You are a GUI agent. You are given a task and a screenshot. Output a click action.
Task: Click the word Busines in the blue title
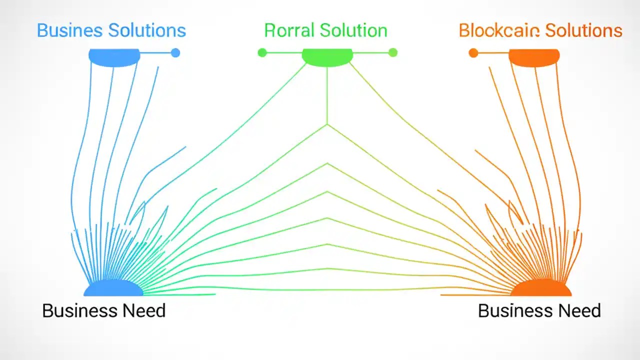(69, 30)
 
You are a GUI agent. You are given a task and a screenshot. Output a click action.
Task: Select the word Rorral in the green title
(289, 30)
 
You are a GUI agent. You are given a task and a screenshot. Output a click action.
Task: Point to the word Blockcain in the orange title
(499, 30)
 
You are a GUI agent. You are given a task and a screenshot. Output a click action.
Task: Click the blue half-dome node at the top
(114, 57)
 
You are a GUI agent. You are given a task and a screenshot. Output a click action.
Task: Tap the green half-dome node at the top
(327, 57)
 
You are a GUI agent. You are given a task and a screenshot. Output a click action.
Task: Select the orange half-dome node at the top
(533, 57)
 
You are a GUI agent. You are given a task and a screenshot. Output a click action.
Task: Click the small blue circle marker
(175, 52)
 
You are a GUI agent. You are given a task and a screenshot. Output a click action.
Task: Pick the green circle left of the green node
(262, 52)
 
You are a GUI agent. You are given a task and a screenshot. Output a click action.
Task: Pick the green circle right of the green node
(393, 52)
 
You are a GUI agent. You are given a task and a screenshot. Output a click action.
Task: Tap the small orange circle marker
(473, 52)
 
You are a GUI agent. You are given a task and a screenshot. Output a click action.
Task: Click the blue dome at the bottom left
(113, 288)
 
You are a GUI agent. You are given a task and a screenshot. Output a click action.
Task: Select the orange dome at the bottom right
(541, 288)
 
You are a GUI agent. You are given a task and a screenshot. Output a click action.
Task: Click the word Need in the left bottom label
(143, 310)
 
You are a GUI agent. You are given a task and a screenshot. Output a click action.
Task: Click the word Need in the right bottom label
(579, 310)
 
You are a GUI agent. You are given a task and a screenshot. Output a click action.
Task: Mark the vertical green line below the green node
(327, 95)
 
